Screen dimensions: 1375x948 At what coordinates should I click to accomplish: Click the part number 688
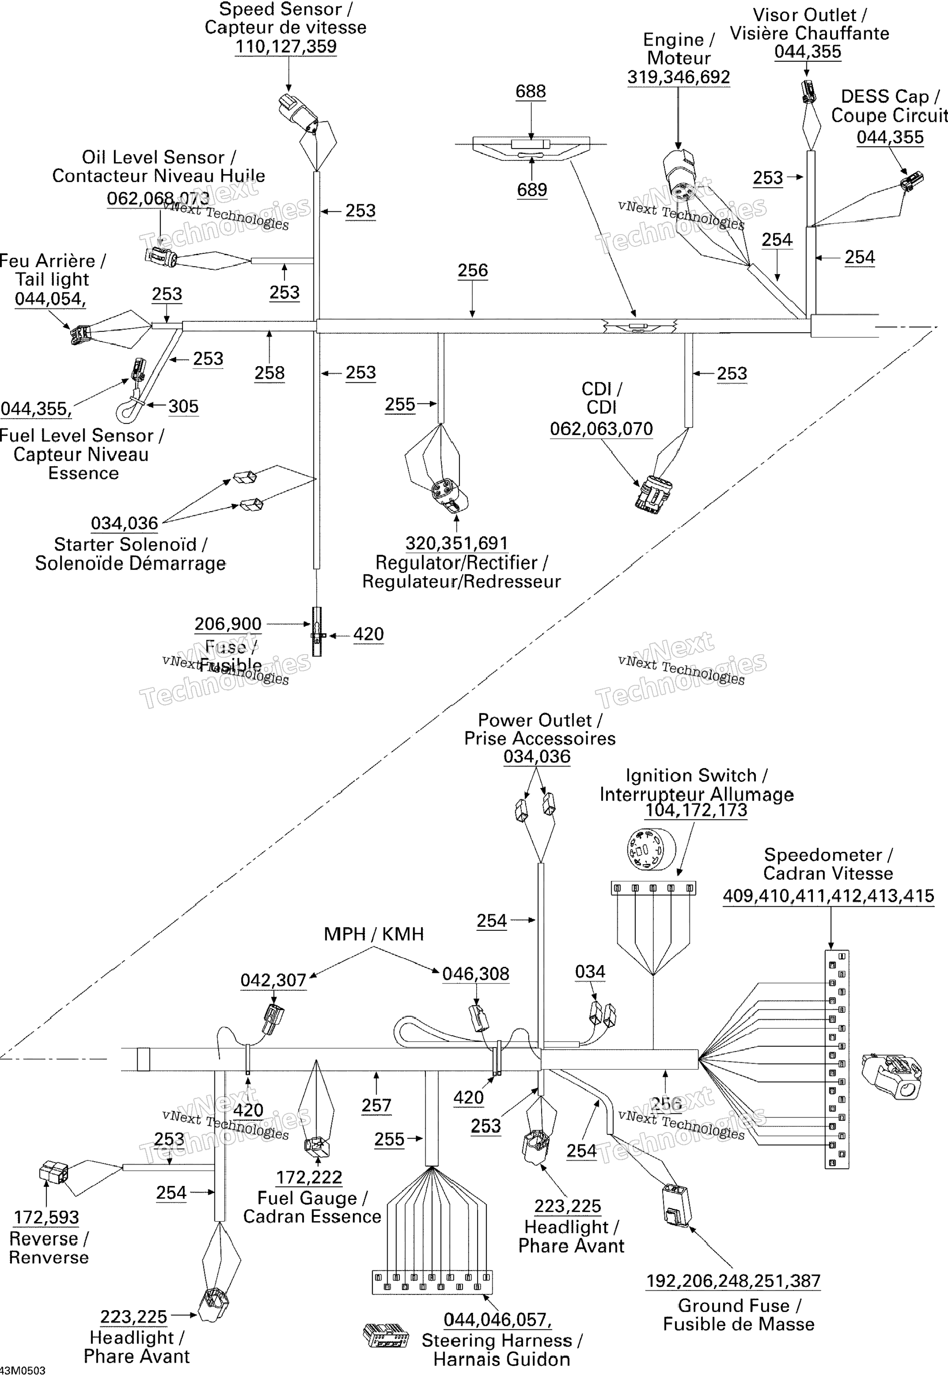(x=531, y=92)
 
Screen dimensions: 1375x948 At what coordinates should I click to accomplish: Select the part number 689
(x=531, y=190)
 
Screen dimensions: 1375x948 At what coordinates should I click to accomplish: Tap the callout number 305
(x=183, y=407)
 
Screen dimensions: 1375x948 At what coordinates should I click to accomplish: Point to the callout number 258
(x=269, y=373)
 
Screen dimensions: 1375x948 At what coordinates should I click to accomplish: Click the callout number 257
(x=377, y=1105)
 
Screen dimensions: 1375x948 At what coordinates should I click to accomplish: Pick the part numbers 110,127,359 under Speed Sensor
(x=286, y=46)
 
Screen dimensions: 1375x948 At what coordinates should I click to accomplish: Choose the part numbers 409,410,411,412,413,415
(x=828, y=896)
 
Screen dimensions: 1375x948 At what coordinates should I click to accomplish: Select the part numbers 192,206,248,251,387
(x=733, y=1281)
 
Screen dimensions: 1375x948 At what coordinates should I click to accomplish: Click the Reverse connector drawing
(x=53, y=1172)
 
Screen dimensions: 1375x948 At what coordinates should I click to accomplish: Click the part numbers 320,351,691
(x=456, y=543)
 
